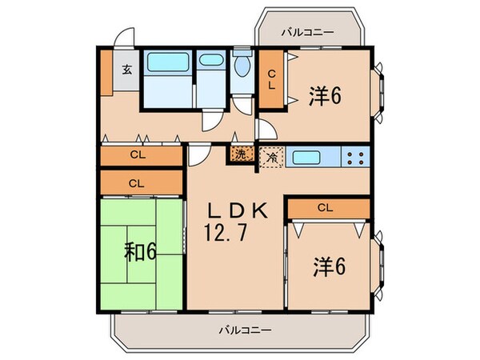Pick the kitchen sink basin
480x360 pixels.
[x=310, y=157]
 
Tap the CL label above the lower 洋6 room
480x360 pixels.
[x=324, y=208]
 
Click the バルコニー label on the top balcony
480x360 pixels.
[x=307, y=33]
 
